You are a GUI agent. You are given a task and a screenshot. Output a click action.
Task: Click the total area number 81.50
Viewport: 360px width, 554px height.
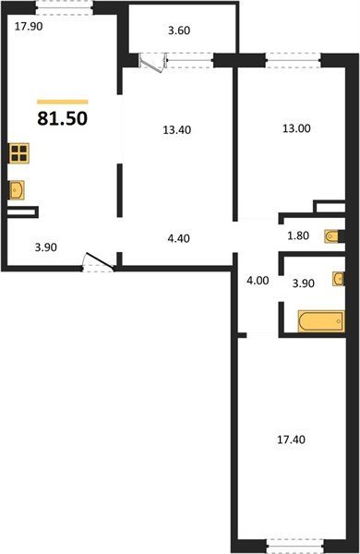[62, 118]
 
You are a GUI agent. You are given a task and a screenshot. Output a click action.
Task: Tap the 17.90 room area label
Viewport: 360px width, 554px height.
[29, 27]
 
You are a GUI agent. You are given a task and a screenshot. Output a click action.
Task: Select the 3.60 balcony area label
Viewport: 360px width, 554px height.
[179, 30]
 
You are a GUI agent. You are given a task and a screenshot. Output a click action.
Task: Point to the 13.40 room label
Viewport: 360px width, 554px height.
[177, 130]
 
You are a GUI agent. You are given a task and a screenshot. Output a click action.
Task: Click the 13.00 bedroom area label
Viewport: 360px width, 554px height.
[296, 128]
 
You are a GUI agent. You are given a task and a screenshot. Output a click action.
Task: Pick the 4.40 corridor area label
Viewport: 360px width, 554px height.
[178, 238]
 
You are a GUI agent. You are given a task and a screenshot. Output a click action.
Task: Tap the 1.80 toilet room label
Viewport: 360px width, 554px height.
[298, 235]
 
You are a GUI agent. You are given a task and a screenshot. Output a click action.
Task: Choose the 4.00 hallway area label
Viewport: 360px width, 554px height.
[258, 281]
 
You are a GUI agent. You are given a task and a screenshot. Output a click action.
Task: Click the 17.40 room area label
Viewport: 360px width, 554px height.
[291, 440]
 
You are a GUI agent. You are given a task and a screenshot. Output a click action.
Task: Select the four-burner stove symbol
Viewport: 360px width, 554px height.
[19, 153]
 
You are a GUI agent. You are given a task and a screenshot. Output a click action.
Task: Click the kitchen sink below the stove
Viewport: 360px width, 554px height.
[17, 190]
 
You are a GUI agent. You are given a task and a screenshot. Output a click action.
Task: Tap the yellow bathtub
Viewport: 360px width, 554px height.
[321, 321]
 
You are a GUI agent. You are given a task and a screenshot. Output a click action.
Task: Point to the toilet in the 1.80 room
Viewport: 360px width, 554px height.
[334, 236]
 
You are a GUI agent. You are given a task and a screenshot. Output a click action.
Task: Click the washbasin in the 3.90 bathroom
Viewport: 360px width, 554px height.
[339, 279]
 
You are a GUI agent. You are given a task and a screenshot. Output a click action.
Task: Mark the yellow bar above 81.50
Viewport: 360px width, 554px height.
[63, 102]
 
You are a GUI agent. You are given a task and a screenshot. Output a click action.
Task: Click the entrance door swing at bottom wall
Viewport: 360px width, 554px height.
[98, 262]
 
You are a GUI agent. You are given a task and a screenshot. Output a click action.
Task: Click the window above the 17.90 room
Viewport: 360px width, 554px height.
[65, 7]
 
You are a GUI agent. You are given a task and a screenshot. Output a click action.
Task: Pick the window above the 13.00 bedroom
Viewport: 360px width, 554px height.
[294, 60]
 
